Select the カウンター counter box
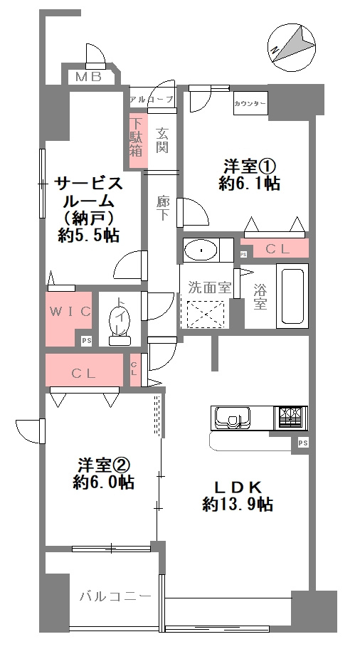[250, 104]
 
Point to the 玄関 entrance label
[162, 140]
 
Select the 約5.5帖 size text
[89, 236]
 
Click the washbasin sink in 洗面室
[203, 251]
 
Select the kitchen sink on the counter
[232, 417]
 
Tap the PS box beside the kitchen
[302, 443]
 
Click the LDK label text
[239, 487]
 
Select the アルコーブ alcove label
[151, 99]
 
